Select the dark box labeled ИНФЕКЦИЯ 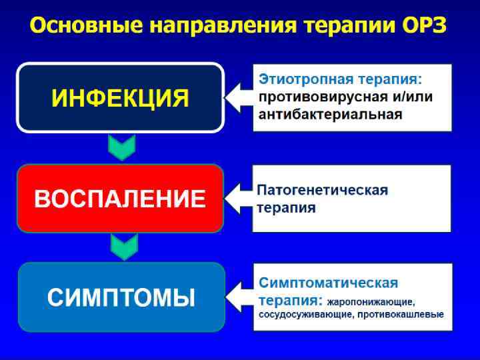pyautogui.click(x=120, y=98)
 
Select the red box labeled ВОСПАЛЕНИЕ pyautogui.click(x=120, y=199)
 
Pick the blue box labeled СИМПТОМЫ pyautogui.click(x=120, y=297)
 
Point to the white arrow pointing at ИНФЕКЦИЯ pyautogui.click(x=239, y=98)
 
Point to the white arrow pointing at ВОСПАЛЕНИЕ pyautogui.click(x=239, y=198)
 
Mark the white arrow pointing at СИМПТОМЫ pyautogui.click(x=239, y=297)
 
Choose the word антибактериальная pyautogui.click(x=330, y=114)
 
